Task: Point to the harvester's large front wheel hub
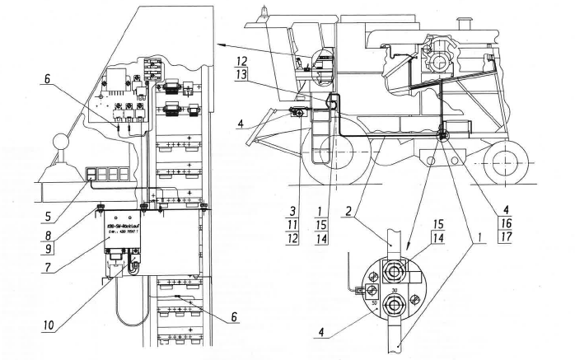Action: pos(329,153)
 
